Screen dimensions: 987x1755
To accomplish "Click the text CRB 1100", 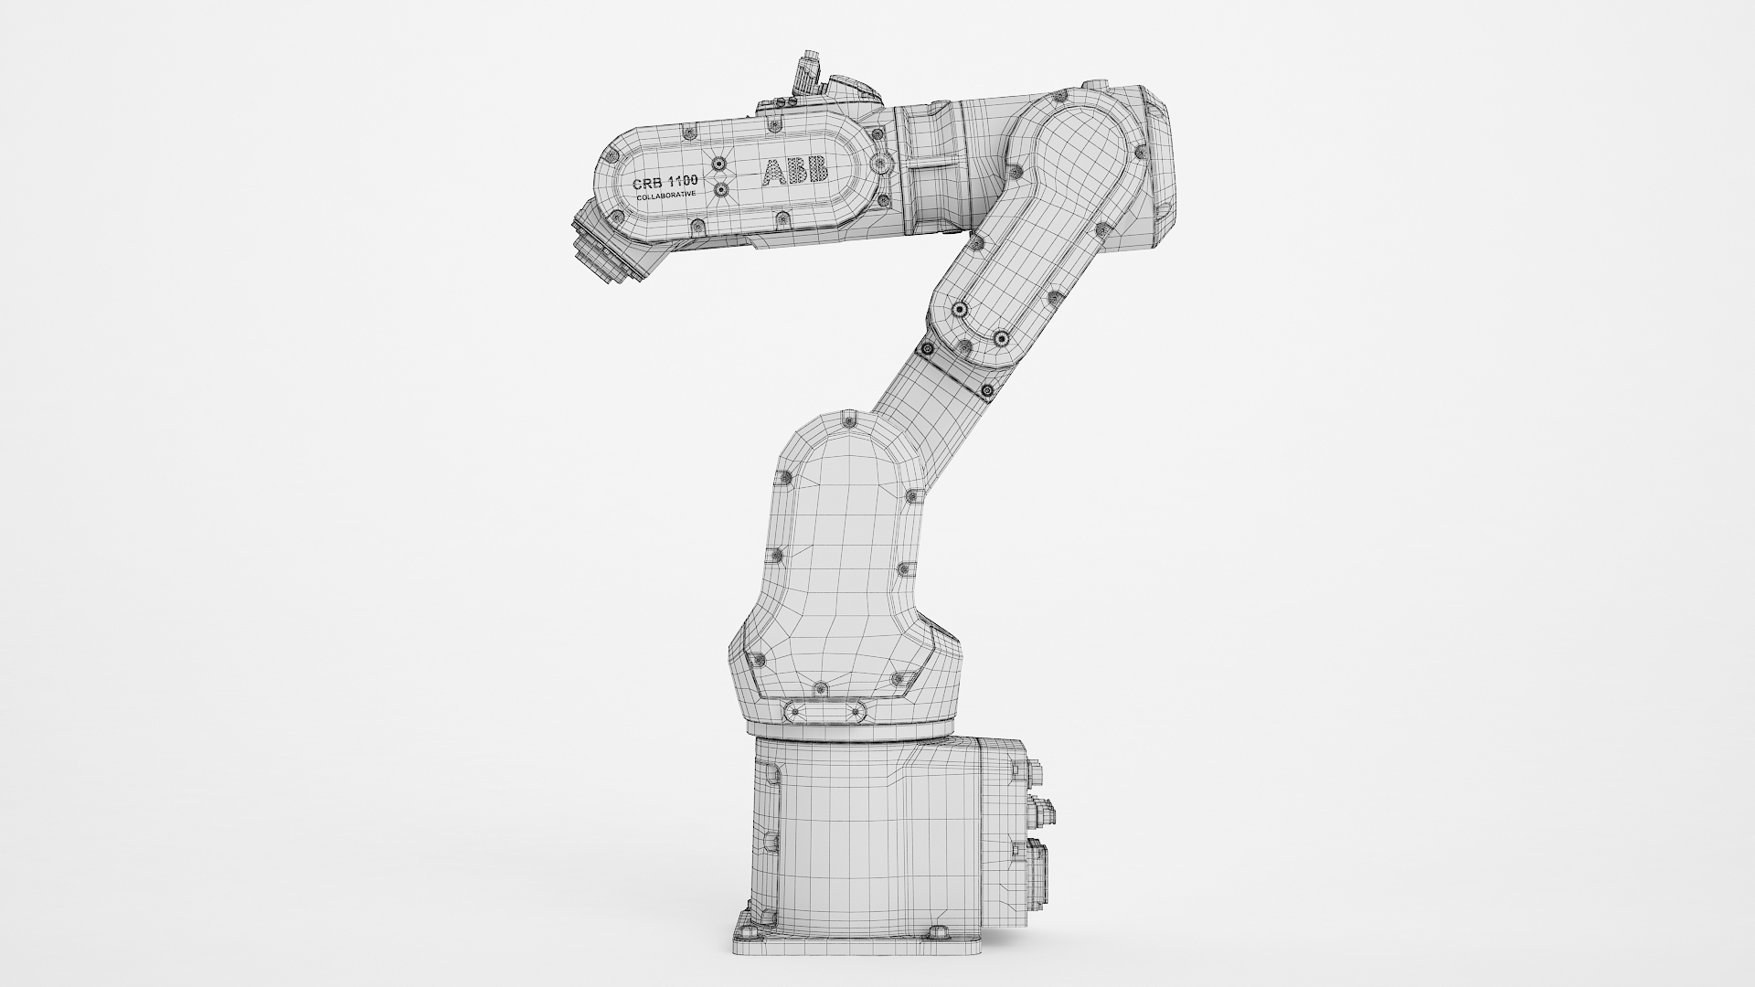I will coord(665,183).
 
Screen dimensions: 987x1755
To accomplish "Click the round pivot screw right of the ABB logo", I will coord(880,164).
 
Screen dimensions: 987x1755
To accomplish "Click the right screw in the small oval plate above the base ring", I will coord(857,711).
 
